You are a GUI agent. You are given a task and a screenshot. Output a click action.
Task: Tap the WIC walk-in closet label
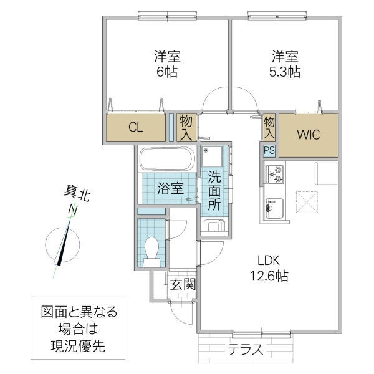pos(308,134)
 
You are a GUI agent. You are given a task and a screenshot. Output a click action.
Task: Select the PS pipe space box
pos(269,150)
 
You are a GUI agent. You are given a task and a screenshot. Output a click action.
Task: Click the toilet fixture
pos(151,251)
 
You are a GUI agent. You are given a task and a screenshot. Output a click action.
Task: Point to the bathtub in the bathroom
pos(166,159)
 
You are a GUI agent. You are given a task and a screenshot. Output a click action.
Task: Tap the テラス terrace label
pos(245,349)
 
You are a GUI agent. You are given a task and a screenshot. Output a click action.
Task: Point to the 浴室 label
pos(170,188)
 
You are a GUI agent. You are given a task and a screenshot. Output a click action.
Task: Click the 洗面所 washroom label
pos(214,189)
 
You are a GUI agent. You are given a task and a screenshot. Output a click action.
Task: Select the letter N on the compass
pos(73,211)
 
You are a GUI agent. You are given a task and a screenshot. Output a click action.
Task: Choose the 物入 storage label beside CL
pos(186,127)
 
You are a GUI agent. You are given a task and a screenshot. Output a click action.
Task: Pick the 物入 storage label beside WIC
pos(269,128)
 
